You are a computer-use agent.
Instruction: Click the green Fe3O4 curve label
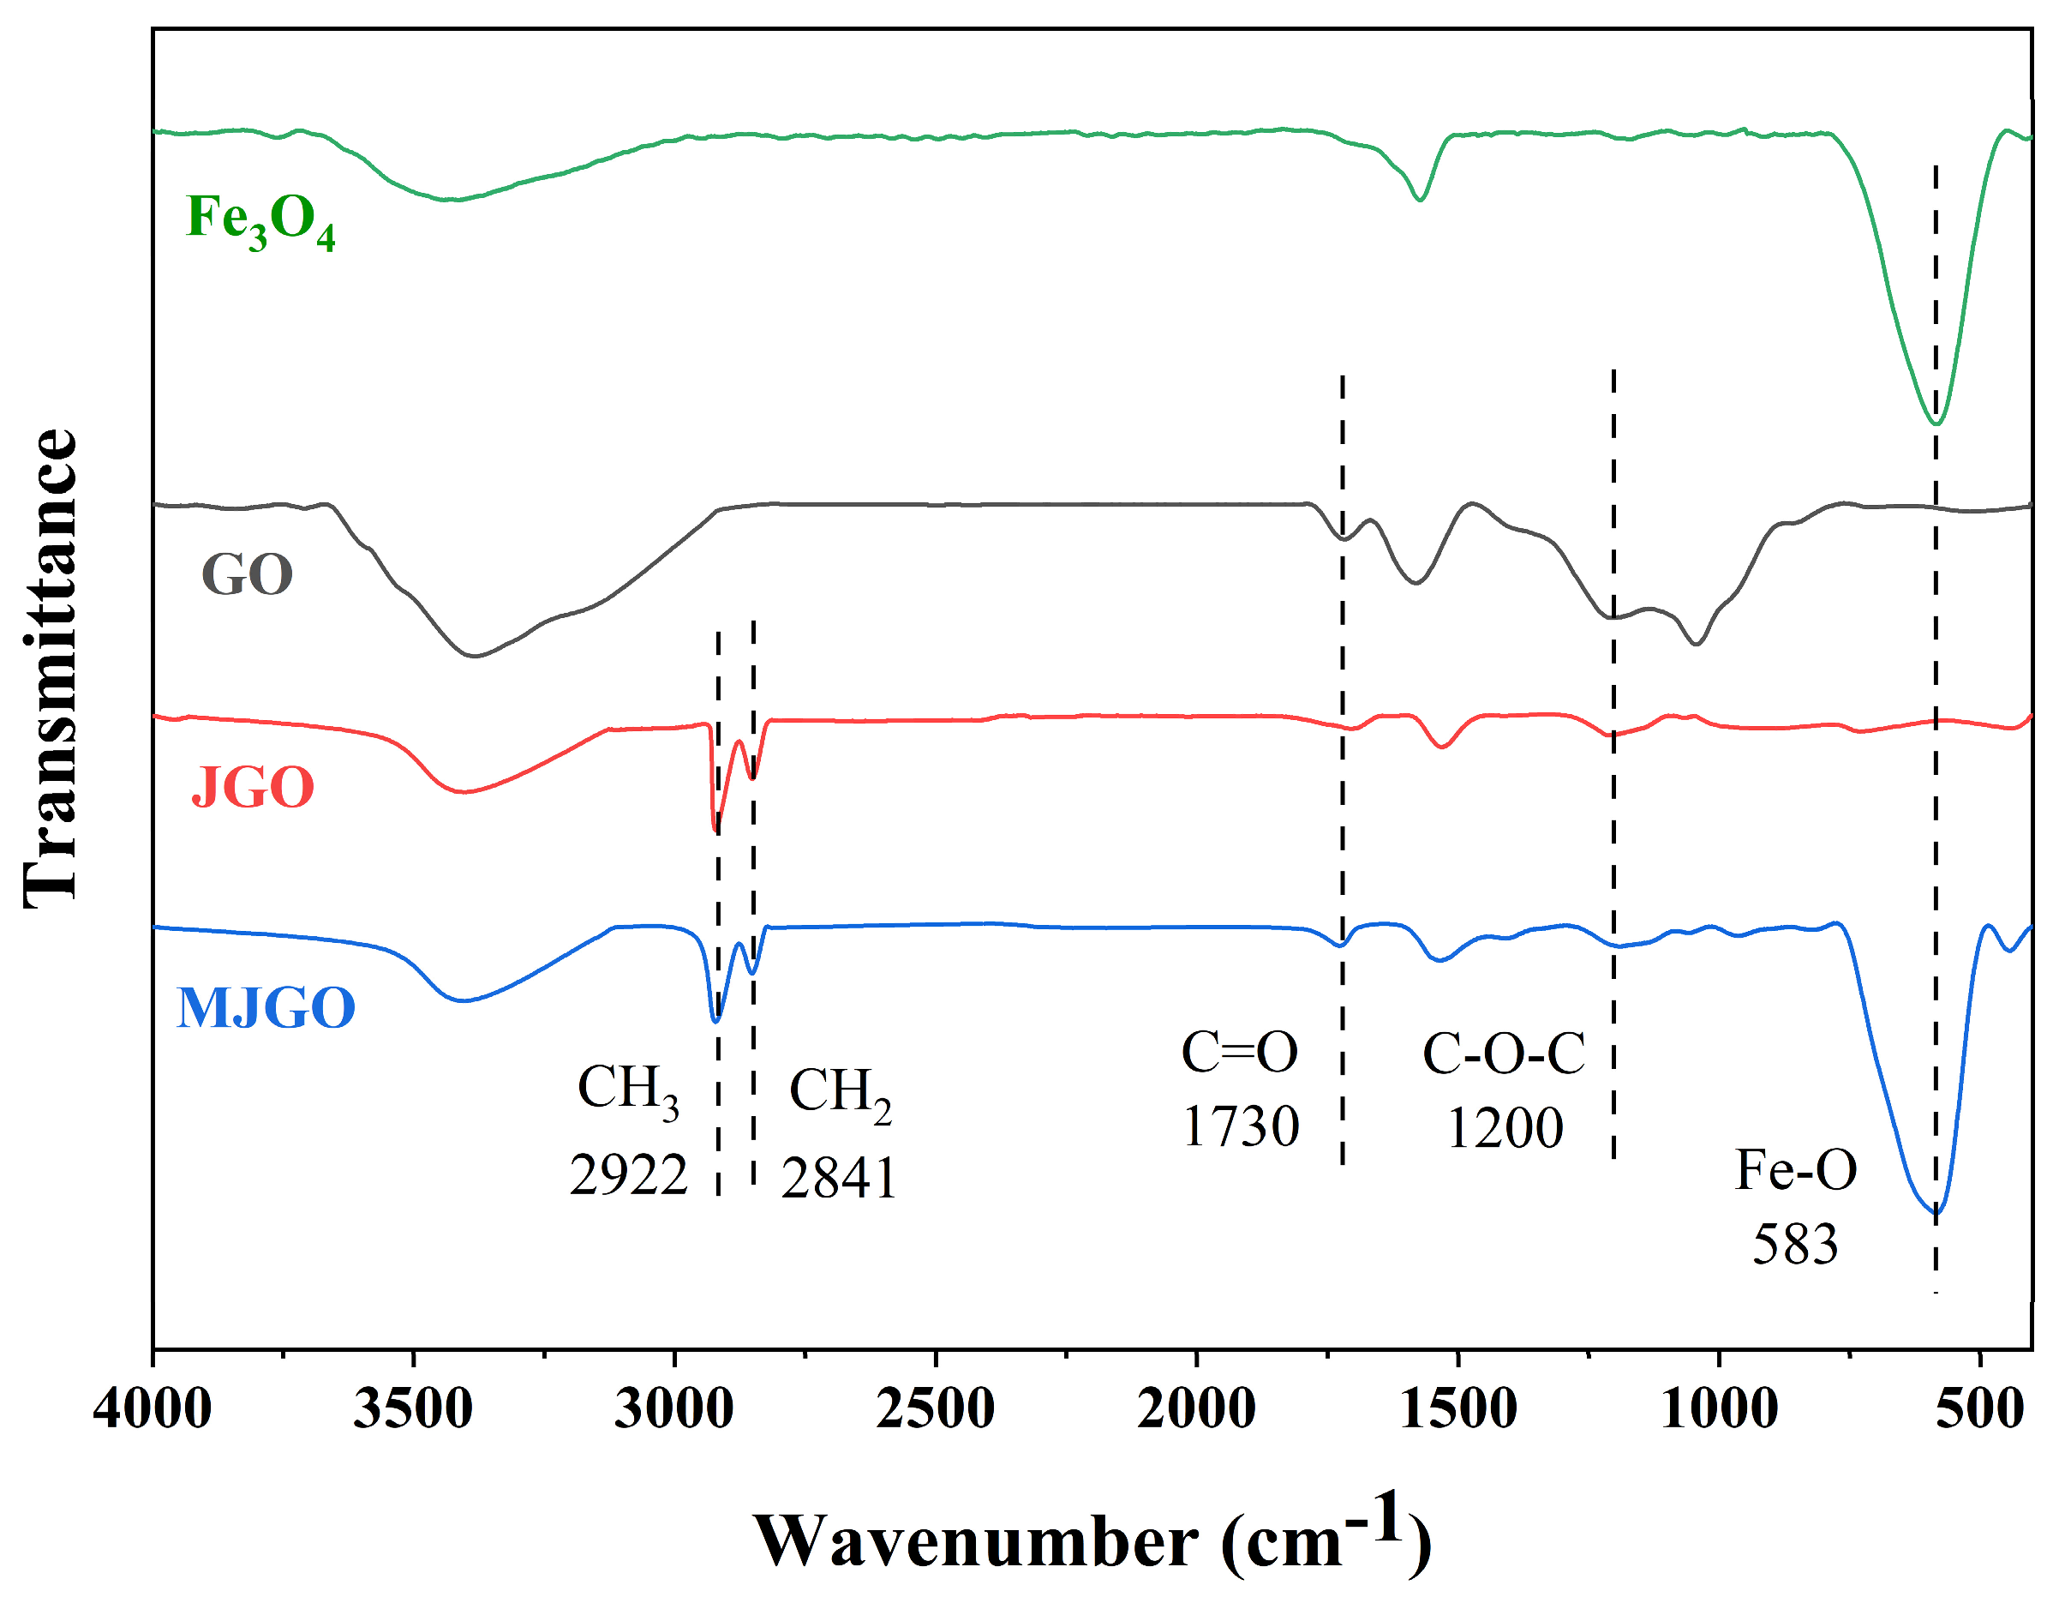(x=260, y=220)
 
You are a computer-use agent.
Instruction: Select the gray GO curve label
(x=248, y=574)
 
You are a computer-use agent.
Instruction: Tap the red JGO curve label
(x=252, y=787)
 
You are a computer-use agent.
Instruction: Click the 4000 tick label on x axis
(x=153, y=1409)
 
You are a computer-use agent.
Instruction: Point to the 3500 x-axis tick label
(x=413, y=1409)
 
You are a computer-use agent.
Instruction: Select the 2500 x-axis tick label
(x=936, y=1409)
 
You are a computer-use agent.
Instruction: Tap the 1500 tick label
(x=1458, y=1409)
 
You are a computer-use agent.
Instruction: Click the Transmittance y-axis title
(x=51, y=668)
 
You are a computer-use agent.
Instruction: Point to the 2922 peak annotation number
(x=629, y=1175)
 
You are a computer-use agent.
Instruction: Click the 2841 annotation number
(x=840, y=1177)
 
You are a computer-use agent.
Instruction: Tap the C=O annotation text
(x=1240, y=1052)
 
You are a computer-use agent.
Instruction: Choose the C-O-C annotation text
(x=1504, y=1054)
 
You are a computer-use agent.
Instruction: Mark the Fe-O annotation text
(x=1795, y=1169)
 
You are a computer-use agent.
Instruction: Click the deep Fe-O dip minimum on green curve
(x=1936, y=423)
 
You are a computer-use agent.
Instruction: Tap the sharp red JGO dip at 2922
(x=716, y=830)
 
